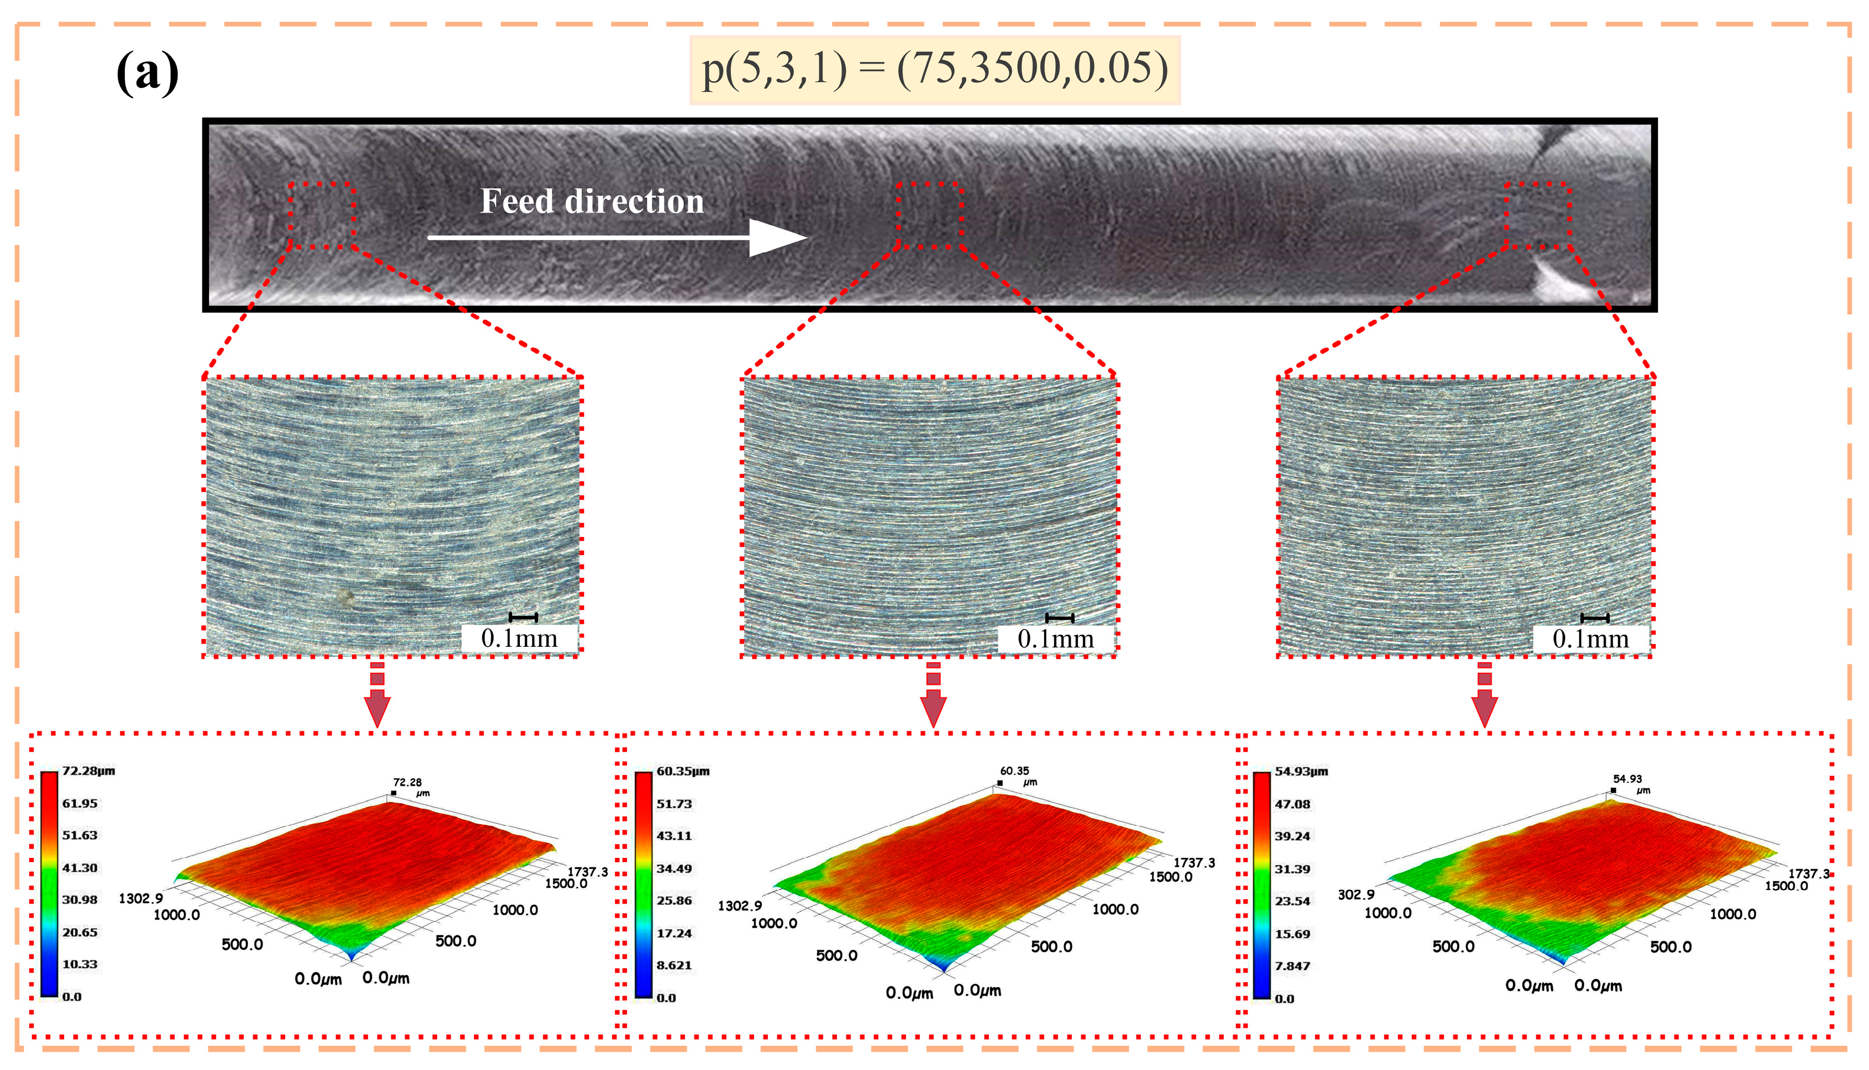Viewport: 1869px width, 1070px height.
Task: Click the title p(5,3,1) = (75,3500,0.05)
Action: (934, 70)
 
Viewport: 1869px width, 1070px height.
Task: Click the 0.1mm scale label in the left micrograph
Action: (519, 639)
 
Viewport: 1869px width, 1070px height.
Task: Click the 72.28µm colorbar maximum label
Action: (88, 771)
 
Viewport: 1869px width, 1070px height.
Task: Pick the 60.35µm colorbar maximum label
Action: (683, 772)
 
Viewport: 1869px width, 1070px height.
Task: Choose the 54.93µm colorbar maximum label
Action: (1301, 772)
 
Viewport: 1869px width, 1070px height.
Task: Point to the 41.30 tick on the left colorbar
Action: (80, 868)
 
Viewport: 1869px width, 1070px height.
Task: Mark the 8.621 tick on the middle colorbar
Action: (674, 966)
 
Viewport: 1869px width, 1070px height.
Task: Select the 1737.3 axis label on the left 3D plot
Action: (587, 872)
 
